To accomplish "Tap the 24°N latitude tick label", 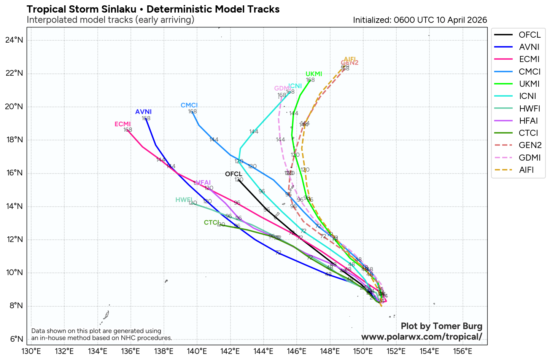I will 14,40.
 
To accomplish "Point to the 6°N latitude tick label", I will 16,339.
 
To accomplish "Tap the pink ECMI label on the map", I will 122,124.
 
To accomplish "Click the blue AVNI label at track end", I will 143,112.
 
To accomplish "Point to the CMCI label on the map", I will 189,105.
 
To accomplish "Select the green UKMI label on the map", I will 314,74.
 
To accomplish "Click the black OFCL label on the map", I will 234,174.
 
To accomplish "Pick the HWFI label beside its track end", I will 184,200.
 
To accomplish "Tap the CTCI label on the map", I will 211,223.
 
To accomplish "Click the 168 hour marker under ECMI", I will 128,130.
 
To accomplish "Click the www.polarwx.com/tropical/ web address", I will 421,337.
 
